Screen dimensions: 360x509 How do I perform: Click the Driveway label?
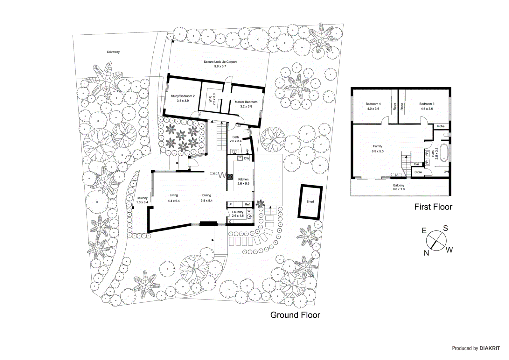click(x=113, y=52)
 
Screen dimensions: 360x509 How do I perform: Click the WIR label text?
click(x=210, y=99)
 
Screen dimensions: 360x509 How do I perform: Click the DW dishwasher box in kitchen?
click(x=247, y=158)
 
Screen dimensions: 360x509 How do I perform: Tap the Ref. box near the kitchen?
click(x=248, y=204)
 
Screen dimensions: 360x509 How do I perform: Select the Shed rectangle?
click(x=310, y=201)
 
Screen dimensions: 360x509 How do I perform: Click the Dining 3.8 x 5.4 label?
click(x=206, y=198)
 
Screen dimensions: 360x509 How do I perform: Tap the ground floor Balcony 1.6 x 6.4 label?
click(x=142, y=200)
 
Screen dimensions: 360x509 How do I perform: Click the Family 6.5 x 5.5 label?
click(x=378, y=149)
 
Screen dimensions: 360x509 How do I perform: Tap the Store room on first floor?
click(x=418, y=172)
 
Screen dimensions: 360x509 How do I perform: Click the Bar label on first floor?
click(x=416, y=164)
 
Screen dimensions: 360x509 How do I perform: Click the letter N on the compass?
click(x=426, y=253)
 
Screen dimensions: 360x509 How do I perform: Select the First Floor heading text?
click(x=433, y=207)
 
